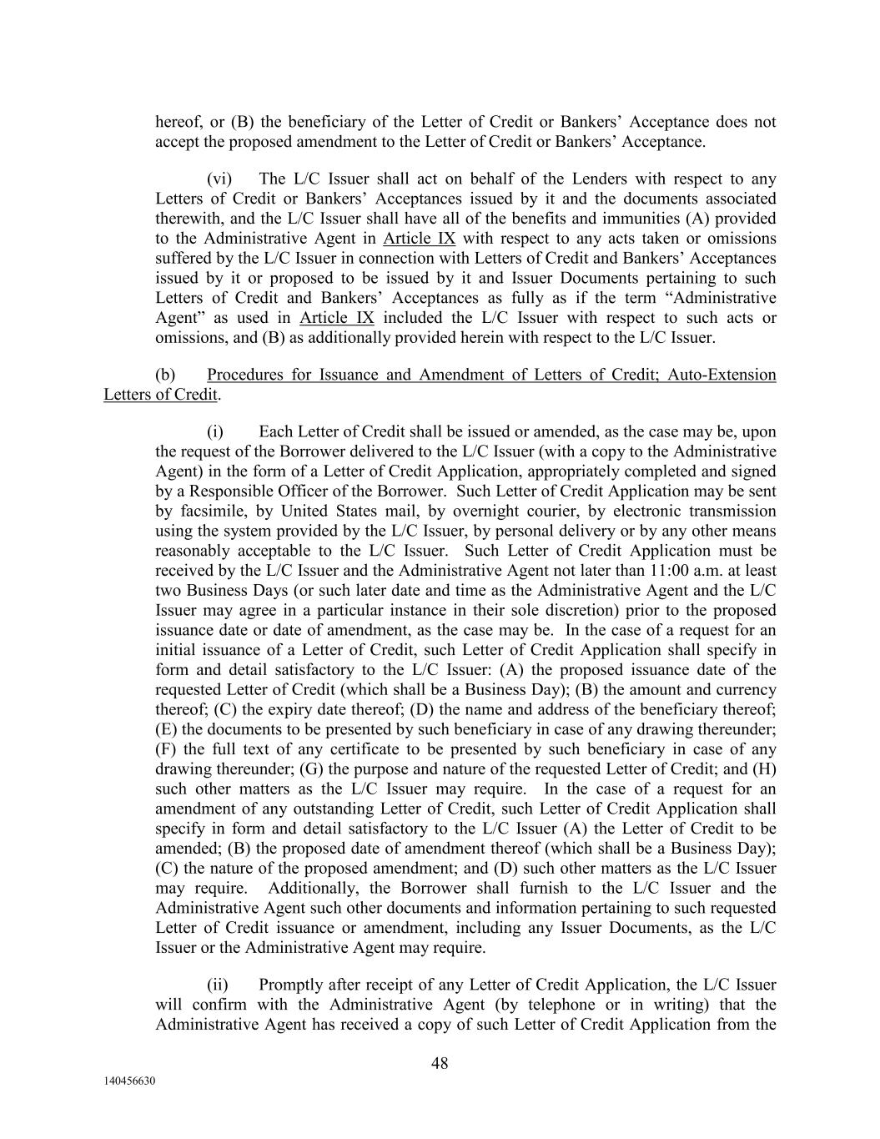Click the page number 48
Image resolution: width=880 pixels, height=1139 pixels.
click(x=440, y=1063)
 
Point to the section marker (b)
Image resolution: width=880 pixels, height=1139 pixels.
click(x=165, y=375)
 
